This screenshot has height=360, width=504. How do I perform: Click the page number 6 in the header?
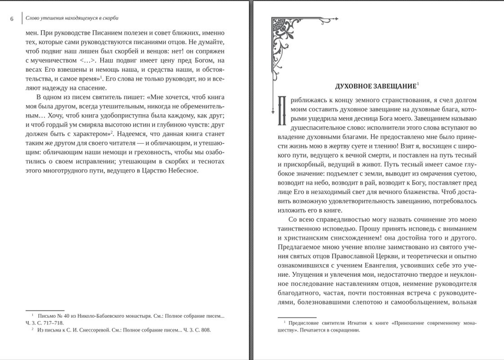12,19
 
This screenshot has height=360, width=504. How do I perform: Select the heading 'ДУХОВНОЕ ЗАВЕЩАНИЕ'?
375,86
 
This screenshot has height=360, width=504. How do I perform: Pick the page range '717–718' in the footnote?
50,323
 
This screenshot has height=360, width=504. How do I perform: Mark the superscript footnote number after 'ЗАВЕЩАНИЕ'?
418,83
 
